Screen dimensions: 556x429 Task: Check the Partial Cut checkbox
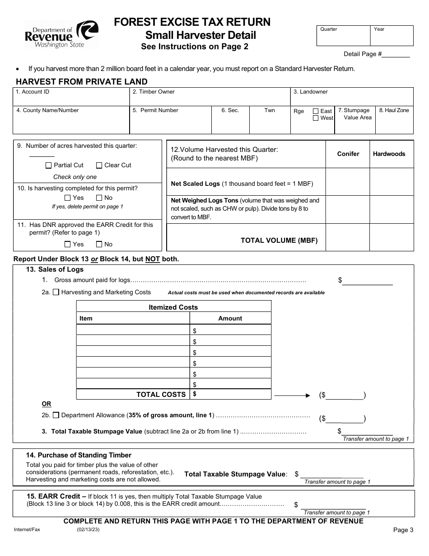49,165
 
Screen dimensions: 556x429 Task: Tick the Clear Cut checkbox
99,165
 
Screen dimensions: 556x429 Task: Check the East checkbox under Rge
316,111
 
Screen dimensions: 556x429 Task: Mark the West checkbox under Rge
316,118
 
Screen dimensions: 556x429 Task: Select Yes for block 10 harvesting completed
68,198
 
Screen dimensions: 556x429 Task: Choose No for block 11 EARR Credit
99,245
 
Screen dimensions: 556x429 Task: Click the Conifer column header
348,154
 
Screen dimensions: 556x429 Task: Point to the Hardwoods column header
389,154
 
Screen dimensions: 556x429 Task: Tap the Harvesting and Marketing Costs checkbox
56,292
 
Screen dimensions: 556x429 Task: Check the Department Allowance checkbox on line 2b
56,415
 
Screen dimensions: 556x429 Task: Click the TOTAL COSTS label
161,395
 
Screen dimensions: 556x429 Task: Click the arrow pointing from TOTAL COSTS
293,395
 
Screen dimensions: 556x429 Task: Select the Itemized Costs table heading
173,307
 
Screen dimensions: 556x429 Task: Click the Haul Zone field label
394,110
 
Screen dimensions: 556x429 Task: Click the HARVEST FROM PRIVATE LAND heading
82,82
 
